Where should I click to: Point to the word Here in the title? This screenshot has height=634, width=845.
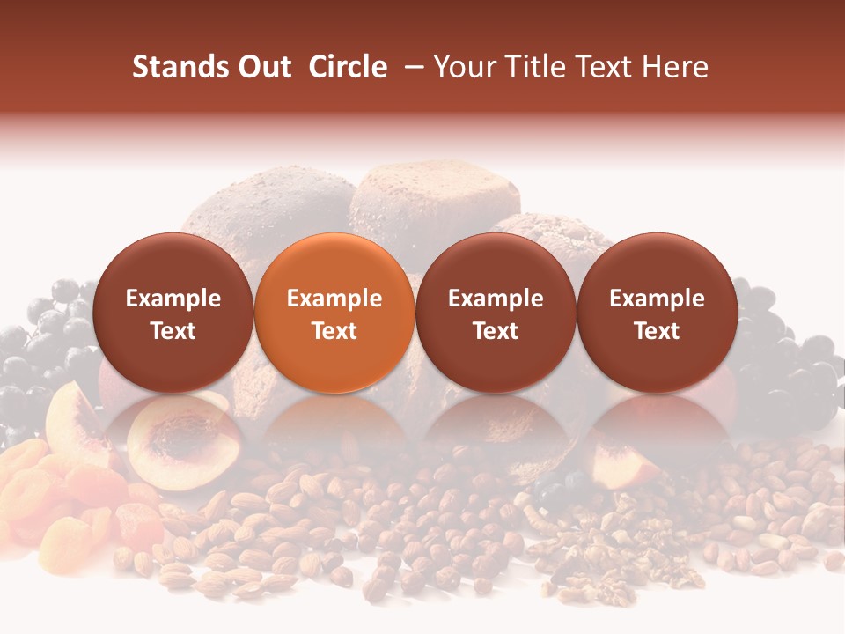click(677, 67)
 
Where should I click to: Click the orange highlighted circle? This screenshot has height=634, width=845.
click(334, 313)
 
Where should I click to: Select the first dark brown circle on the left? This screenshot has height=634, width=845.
click(173, 313)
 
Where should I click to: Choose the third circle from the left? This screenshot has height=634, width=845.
click(496, 313)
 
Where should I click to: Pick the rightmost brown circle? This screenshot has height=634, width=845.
click(657, 313)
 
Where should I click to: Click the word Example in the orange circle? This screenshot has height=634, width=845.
click(334, 299)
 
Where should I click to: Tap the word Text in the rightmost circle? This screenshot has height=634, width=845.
click(657, 331)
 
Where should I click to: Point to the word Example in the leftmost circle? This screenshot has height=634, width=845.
click(173, 299)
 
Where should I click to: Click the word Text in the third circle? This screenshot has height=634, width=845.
click(496, 331)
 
